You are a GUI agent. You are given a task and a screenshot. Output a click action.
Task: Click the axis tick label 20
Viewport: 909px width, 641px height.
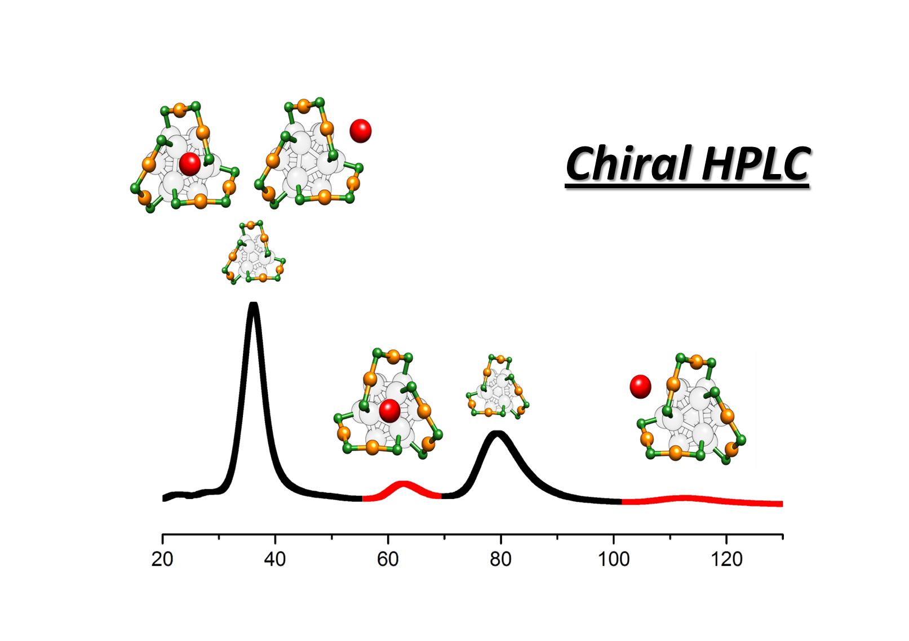(162, 559)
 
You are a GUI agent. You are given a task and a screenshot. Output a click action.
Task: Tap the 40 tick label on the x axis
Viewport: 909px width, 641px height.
(275, 559)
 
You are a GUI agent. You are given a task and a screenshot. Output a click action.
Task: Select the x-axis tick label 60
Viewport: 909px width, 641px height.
(388, 559)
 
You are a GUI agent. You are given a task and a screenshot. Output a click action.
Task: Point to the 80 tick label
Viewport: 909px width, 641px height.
(500, 559)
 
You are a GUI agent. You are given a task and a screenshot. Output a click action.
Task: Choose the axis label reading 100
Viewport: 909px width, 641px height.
(614, 559)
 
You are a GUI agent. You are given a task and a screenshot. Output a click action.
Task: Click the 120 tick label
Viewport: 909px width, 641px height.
(726, 559)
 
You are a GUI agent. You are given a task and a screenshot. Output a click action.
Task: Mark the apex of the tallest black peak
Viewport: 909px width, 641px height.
(253, 305)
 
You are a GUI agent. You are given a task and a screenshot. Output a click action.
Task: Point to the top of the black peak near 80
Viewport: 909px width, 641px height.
(496, 433)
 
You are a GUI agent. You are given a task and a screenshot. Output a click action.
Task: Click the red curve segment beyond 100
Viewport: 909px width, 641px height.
(685, 498)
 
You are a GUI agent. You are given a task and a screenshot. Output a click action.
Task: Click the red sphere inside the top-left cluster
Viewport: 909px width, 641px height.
(190, 163)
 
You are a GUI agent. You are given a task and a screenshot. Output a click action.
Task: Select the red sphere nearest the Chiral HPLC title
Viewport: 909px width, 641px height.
(361, 131)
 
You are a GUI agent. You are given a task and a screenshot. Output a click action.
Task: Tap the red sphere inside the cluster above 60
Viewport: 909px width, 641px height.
(389, 410)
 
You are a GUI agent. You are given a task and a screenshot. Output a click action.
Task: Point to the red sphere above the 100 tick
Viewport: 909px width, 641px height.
(640, 386)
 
